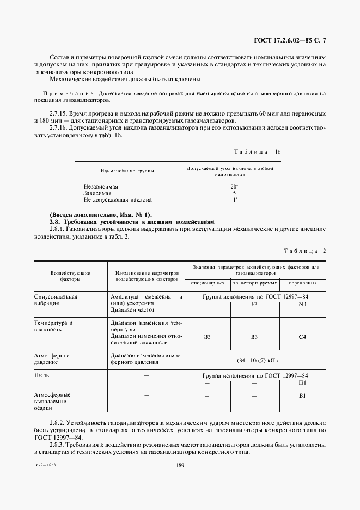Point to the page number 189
(x=181, y=465)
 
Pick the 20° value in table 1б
(x=235, y=186)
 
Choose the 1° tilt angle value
(x=235, y=200)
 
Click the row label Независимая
(x=99, y=186)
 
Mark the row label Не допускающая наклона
(x=114, y=200)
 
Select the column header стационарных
(x=207, y=284)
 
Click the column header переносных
(x=303, y=284)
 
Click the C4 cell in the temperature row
(x=303, y=337)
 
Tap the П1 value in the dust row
(x=303, y=383)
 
